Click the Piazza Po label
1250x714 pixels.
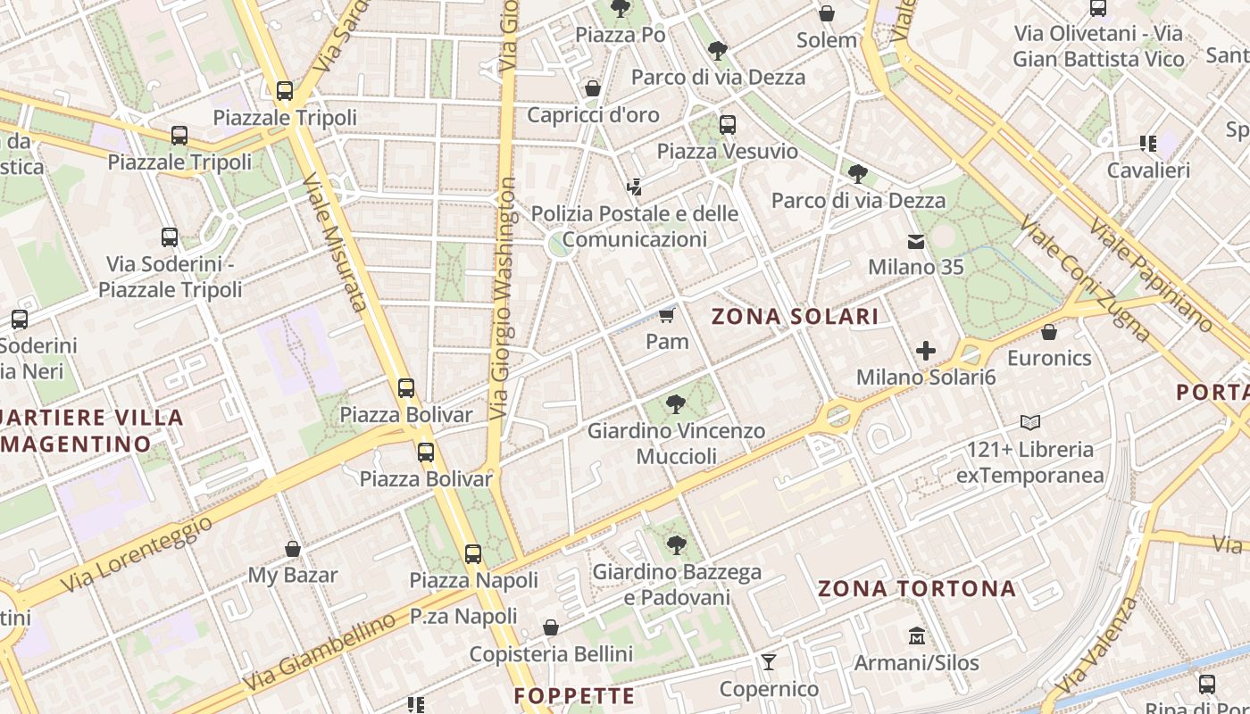pos(620,35)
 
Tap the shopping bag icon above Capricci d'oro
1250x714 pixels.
pos(592,88)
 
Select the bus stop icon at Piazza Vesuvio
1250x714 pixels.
pos(728,125)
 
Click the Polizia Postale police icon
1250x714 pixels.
pos(635,187)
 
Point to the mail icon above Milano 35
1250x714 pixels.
pos(916,241)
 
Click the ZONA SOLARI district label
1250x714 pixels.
pos(795,316)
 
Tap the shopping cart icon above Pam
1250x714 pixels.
pos(666,315)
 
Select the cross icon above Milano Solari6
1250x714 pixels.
pos(926,351)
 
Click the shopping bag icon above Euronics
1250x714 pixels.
pos(1049,332)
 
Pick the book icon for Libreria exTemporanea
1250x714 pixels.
pos(1030,422)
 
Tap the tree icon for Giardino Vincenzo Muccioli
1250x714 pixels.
pos(676,404)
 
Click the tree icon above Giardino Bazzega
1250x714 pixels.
pos(677,544)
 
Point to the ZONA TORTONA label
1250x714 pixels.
pos(917,589)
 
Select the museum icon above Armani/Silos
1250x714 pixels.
pos(916,636)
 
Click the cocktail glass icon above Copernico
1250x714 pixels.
pos(768,662)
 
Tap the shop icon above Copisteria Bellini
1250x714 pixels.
pos(551,627)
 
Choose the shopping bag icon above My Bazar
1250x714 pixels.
pos(292,549)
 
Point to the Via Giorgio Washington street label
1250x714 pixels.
pos(504,299)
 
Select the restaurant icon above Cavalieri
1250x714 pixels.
pos(1148,144)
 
